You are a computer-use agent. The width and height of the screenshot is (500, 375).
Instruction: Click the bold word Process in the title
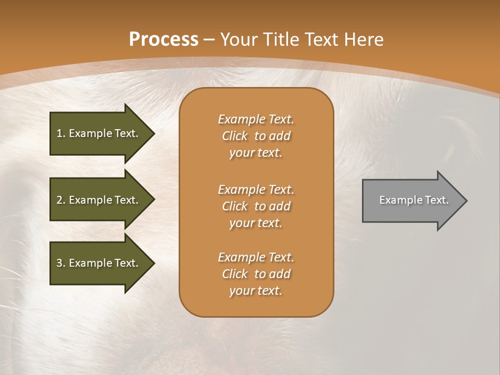(x=164, y=40)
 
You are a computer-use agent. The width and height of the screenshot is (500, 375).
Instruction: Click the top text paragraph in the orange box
(x=256, y=136)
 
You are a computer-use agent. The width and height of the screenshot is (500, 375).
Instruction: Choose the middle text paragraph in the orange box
(x=256, y=206)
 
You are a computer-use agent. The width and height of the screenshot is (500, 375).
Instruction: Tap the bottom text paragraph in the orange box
(x=256, y=274)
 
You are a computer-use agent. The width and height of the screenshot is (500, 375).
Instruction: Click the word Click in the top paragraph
(x=235, y=136)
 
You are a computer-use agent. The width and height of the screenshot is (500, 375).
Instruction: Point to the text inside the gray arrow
(x=414, y=200)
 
